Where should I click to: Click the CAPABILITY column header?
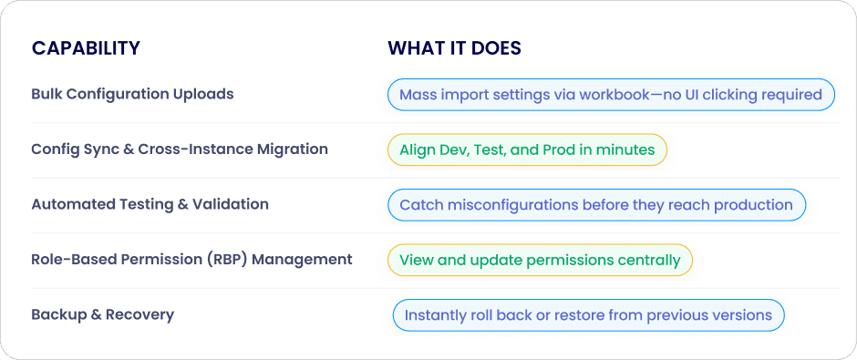pos(86,48)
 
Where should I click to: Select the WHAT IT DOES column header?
pos(454,48)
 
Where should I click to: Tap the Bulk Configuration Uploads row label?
pos(132,94)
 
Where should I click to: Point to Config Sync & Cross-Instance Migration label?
pos(180,149)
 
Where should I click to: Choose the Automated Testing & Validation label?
pos(150,204)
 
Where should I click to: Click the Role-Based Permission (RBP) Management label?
pos(191,259)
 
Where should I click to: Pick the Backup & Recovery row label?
pos(103,314)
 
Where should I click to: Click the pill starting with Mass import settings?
pos(611,95)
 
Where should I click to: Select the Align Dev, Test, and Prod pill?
pos(528,149)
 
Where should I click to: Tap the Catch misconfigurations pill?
pos(596,205)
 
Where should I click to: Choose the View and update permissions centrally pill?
pos(540,260)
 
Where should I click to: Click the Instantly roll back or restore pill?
pos(588,315)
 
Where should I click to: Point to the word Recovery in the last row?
pos(139,315)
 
